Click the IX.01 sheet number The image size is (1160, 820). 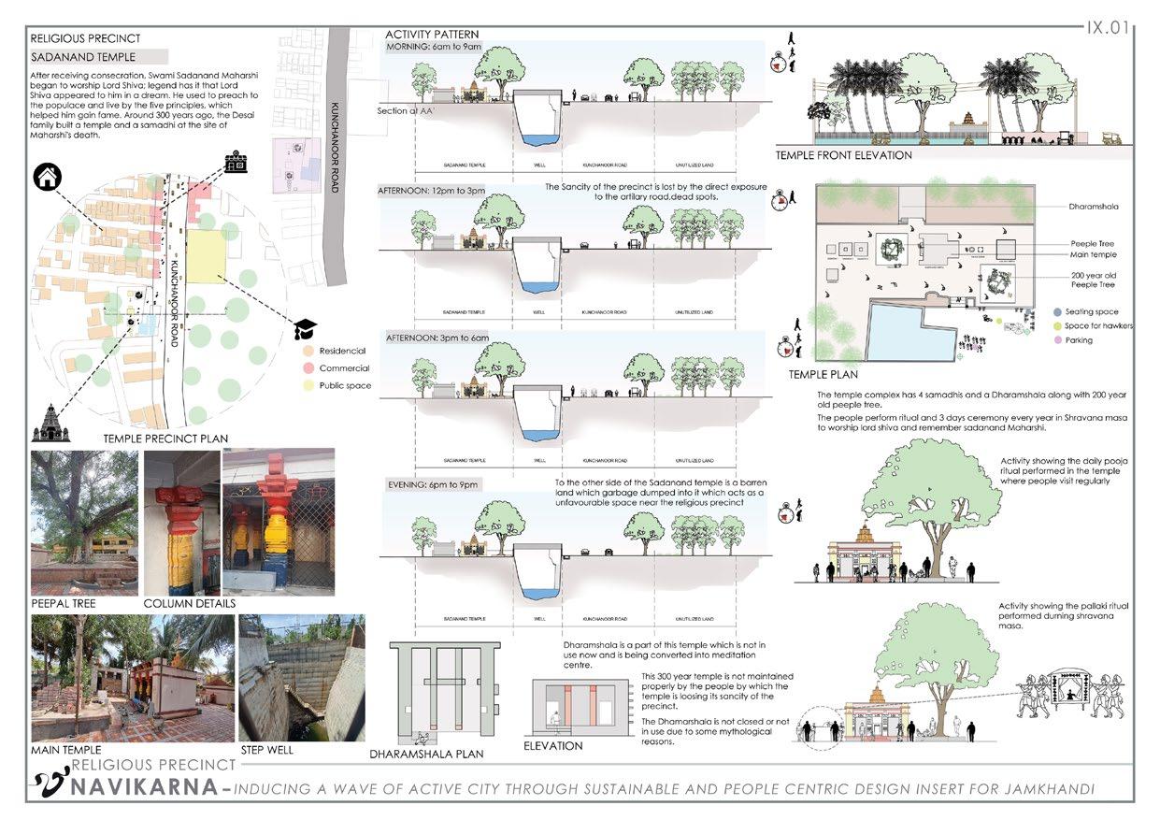1109,27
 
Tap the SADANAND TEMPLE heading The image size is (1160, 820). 83,58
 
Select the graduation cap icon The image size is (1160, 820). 306,328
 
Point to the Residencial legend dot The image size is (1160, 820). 308,352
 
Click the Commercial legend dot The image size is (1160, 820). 308,368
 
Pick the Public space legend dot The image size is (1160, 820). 308,385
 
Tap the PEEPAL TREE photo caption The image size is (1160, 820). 64,604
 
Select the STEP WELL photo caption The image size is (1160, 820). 266,750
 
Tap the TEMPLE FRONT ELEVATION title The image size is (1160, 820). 843,155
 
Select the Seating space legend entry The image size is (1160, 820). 1091,312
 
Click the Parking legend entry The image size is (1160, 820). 1079,340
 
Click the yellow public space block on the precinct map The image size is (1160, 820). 207,254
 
